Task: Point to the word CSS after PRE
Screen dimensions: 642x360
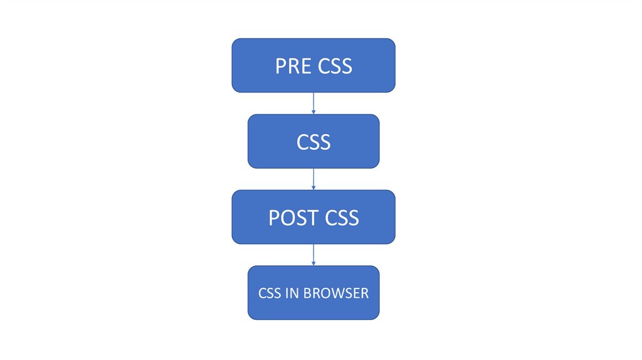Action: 335,66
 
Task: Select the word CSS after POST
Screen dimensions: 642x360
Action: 342,218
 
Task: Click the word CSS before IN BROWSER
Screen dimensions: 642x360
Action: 270,294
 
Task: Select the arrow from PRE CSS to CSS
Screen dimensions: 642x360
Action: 313,103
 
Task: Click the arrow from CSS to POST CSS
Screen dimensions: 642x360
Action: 313,179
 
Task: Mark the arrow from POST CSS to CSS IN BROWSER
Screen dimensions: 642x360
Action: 313,254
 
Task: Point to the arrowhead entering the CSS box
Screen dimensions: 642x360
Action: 313,112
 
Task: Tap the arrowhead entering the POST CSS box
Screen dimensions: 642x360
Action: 313,188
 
